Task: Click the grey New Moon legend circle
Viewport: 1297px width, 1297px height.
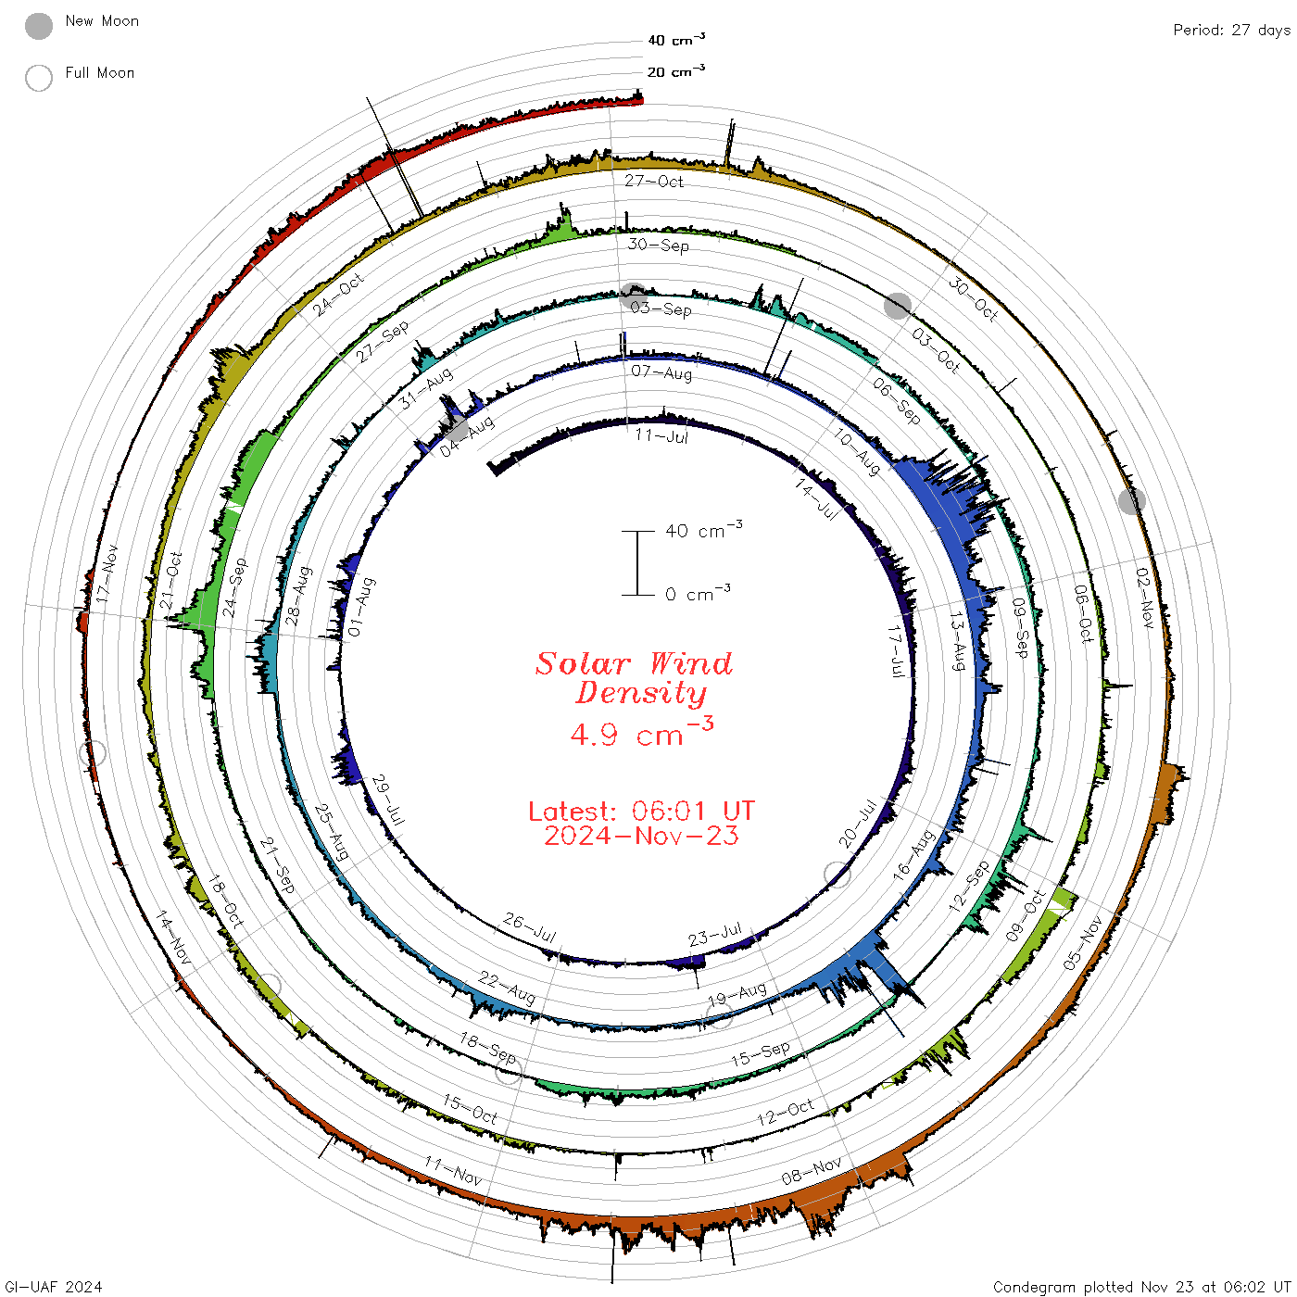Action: [x=38, y=26]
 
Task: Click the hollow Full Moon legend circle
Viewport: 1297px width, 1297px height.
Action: [x=38, y=78]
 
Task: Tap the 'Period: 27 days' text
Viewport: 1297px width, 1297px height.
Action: [x=1231, y=31]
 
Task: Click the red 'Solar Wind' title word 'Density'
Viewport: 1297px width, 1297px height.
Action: [x=641, y=693]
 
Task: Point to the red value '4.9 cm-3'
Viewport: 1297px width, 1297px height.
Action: [x=641, y=732]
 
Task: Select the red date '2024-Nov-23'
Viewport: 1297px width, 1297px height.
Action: [x=641, y=836]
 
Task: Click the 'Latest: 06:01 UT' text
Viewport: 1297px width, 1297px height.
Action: [x=641, y=811]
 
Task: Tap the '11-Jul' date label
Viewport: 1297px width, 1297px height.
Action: [x=661, y=436]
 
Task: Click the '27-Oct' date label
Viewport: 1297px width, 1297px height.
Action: [x=653, y=181]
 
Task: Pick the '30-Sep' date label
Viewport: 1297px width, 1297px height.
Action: [x=659, y=245]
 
